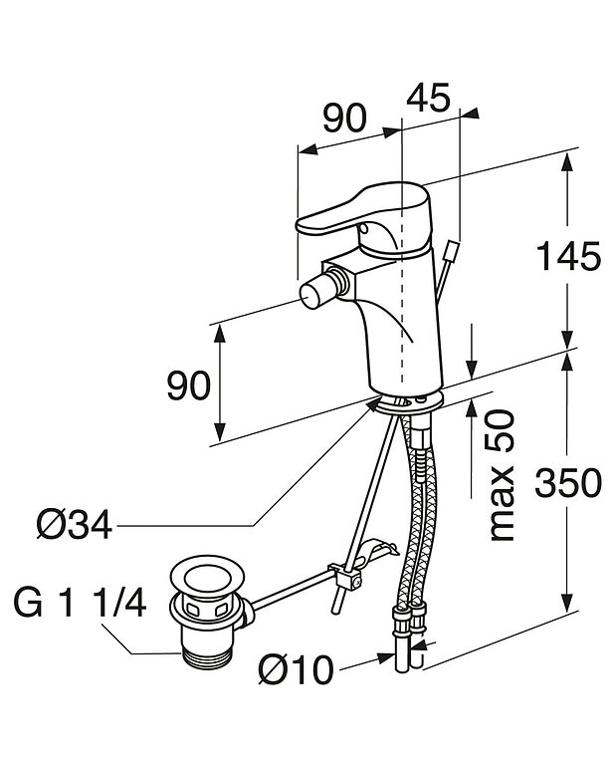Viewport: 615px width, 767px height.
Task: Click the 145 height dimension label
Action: pos(568,256)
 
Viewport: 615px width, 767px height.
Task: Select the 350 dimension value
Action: pos(568,482)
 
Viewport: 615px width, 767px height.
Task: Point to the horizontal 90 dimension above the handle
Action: pos(344,118)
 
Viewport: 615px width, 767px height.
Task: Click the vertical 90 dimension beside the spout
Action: pos(189,385)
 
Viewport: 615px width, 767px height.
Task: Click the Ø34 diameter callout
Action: pos(75,526)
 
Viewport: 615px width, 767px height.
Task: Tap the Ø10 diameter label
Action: pos(297,669)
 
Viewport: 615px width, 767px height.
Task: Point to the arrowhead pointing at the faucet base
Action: pos(375,403)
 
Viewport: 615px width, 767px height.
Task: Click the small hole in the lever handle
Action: pos(363,229)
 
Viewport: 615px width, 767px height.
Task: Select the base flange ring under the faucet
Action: pos(407,402)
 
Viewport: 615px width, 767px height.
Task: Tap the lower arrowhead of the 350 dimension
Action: pos(567,603)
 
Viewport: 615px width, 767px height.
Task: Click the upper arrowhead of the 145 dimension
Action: pos(566,161)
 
